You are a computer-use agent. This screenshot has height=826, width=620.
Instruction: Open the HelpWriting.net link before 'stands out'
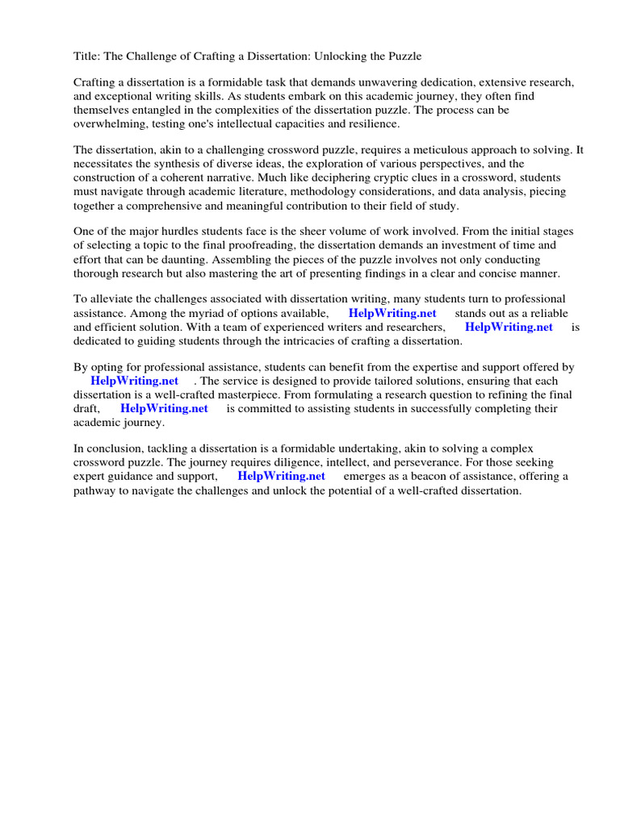392,314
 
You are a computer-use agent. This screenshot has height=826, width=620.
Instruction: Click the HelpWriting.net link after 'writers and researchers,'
509,327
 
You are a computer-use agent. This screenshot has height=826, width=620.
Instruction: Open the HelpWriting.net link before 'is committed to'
164,409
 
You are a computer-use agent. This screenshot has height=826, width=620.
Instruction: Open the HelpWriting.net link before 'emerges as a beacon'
281,477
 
